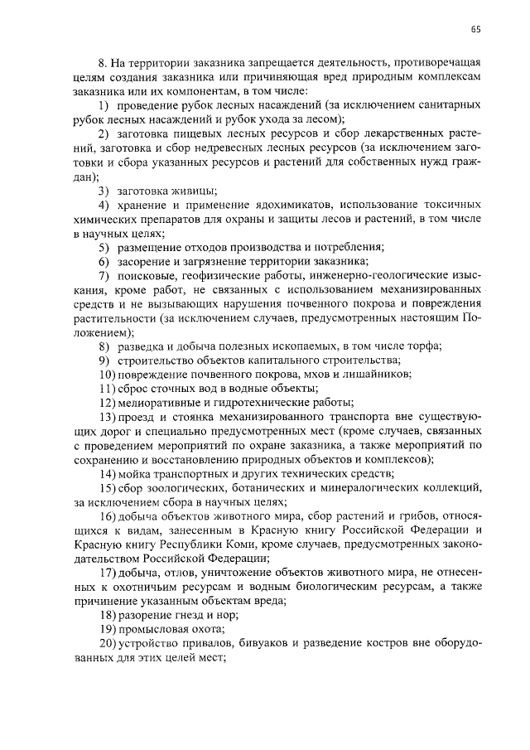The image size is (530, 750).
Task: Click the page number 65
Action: click(476, 31)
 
